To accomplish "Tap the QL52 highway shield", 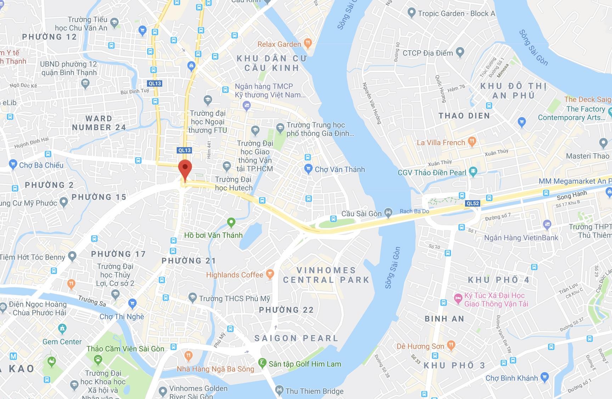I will (473, 203).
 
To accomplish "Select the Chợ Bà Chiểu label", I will (41, 165).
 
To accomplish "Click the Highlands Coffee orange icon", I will (270, 274).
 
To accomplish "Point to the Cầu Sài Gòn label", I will (361, 214).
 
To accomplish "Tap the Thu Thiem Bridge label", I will (314, 391).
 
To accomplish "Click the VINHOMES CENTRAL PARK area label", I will (326, 275).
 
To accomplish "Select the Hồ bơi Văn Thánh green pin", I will (231, 222).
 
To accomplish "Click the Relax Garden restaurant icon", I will (308, 44).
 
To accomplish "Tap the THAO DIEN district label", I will (464, 116).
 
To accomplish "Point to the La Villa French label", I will (441, 143).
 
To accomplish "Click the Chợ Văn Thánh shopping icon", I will (308, 169).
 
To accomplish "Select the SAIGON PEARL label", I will (296, 338).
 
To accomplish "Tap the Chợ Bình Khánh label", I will (511, 378).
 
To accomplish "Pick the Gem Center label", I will (62, 342).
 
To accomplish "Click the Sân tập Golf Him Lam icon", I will (262, 363).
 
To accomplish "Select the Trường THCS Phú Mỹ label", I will (234, 299).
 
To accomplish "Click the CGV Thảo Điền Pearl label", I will (432, 173).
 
